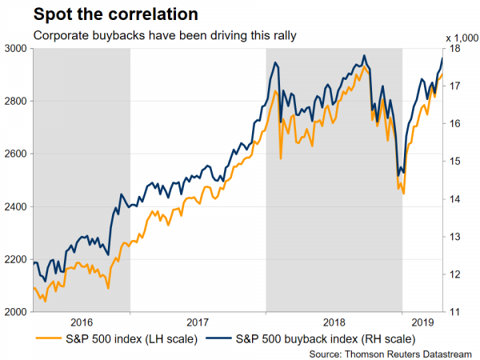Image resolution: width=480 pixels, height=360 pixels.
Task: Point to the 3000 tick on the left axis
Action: pos(16,49)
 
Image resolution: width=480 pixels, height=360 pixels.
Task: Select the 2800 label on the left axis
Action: pos(16,102)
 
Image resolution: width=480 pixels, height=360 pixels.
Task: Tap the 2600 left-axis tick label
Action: pos(16,154)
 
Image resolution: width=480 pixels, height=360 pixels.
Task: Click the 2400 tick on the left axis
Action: pos(16,207)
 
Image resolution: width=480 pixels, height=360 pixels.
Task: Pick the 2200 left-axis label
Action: pos(16,260)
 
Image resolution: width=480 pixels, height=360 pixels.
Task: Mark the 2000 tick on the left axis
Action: pos(16,313)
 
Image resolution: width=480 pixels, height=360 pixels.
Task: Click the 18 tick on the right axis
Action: pos(455,49)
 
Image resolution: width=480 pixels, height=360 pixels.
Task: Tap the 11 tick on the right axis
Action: pos(455,313)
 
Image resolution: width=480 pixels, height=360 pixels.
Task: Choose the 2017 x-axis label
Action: pos(198,322)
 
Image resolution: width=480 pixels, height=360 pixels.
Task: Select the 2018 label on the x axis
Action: pos(334,322)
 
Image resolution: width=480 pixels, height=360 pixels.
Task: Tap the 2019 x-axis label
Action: pos(422,322)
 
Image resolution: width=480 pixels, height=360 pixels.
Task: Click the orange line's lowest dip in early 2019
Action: pos(404,194)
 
